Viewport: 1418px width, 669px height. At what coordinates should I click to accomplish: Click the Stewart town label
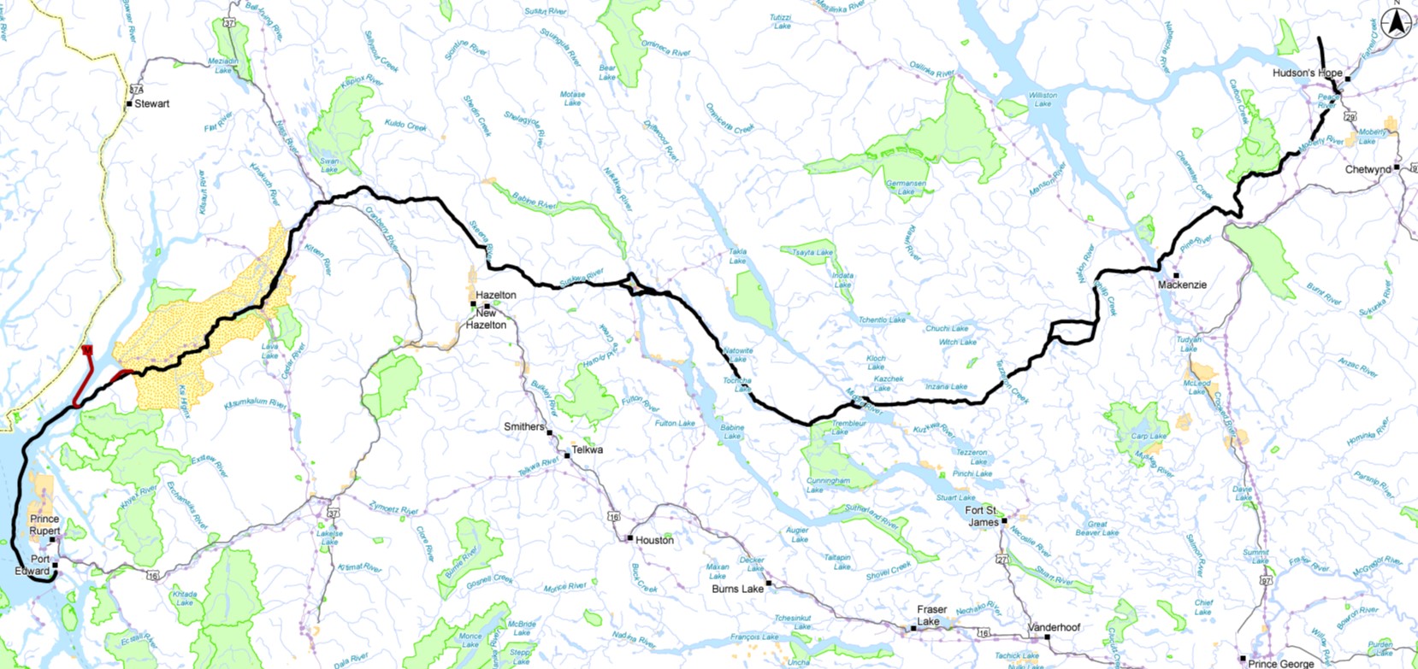(x=152, y=104)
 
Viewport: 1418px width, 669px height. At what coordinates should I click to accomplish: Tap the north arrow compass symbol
(x=1397, y=24)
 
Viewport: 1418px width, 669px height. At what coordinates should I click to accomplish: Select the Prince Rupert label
(x=44, y=525)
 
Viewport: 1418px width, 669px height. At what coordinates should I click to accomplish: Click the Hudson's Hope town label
(x=1307, y=73)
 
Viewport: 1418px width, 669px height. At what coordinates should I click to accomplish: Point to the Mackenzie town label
(x=1182, y=285)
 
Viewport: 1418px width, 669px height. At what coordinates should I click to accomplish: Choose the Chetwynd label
(x=1368, y=170)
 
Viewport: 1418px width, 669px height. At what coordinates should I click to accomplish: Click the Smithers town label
(x=523, y=427)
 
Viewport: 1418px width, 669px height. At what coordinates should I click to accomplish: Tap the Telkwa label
(x=588, y=450)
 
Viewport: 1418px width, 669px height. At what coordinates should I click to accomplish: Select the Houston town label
(x=655, y=540)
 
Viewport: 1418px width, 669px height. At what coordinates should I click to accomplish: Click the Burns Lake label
(x=737, y=590)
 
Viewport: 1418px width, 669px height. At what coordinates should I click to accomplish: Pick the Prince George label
(x=1280, y=663)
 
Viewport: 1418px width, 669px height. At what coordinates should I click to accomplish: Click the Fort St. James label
(x=982, y=516)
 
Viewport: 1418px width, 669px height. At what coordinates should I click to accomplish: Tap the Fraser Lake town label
(x=931, y=615)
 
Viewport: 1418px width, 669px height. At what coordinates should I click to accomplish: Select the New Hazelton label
(x=487, y=319)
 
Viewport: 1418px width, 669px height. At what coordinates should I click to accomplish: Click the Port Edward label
(x=34, y=565)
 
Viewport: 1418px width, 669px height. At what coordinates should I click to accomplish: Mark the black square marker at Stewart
(x=129, y=104)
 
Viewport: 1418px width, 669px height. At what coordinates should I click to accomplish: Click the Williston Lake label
(x=1043, y=99)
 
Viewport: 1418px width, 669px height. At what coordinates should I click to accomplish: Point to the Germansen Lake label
(x=906, y=187)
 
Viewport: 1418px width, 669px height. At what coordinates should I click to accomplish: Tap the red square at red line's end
(x=87, y=349)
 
